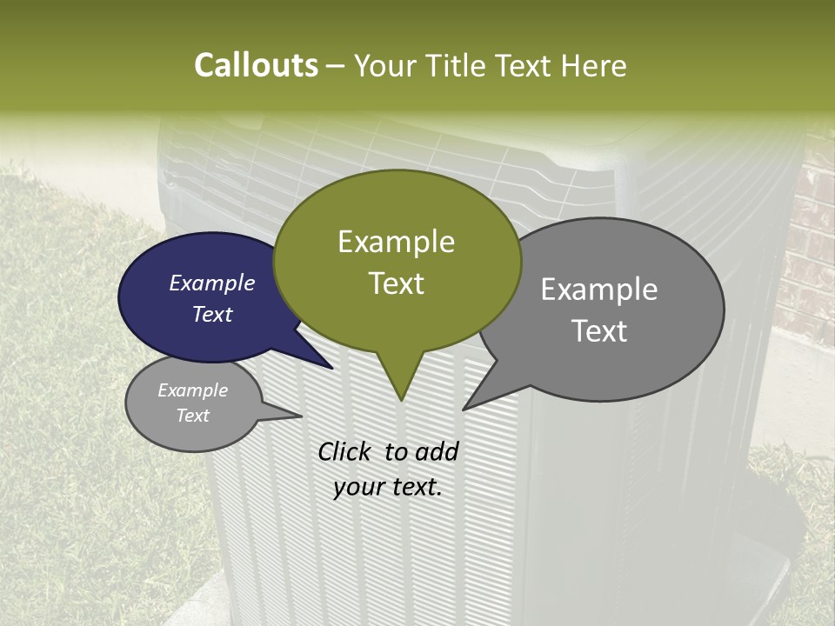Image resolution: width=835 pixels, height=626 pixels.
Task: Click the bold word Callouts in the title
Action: [256, 66]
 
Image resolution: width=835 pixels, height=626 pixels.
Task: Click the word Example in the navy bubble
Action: [211, 283]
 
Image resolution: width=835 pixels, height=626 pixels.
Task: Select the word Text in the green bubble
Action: [397, 283]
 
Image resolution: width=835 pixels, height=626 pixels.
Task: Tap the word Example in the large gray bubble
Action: [599, 290]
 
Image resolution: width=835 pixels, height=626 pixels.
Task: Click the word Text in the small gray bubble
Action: [193, 416]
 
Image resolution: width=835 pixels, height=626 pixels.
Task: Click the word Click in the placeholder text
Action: [346, 451]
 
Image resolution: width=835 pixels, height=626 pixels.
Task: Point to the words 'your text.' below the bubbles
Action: [388, 487]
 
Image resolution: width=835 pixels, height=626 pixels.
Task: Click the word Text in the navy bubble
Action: [212, 314]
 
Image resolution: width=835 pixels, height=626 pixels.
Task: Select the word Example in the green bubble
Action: [397, 242]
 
